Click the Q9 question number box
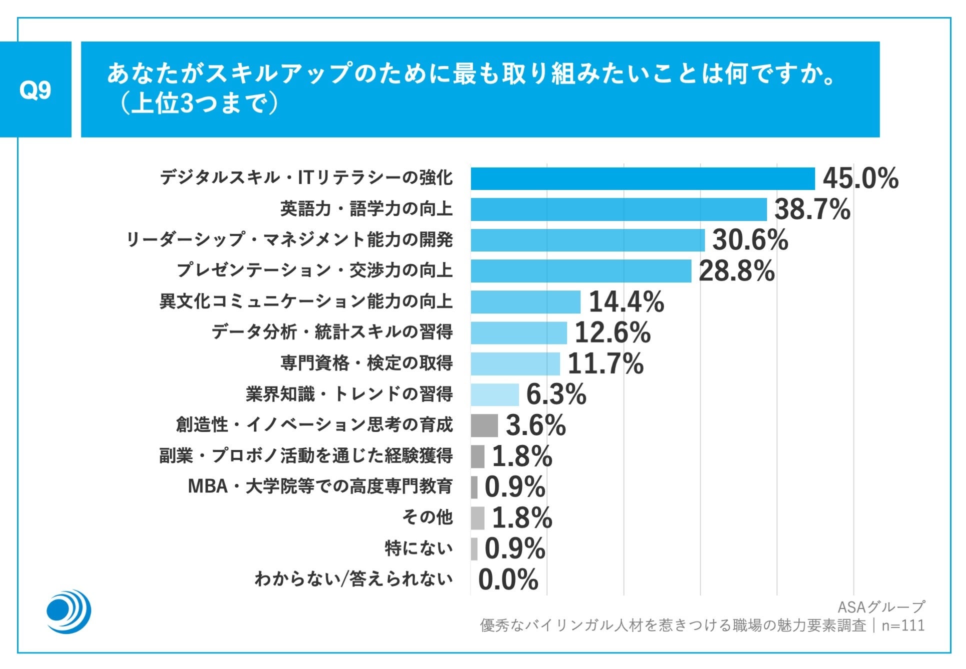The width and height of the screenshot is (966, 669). pos(35,89)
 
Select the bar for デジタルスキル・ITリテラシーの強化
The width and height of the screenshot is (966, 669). pos(642,178)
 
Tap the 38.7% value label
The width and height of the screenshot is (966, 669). pos(812,209)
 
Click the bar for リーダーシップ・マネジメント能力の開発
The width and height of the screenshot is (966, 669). pos(587,240)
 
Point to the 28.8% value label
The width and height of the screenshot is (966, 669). pos(736,271)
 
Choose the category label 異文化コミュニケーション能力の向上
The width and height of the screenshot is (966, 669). pos(306,301)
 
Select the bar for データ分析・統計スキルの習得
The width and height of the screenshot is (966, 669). pos(518,332)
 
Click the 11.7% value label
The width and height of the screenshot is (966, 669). pos(605,363)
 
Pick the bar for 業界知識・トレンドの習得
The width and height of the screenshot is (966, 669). pos(494,394)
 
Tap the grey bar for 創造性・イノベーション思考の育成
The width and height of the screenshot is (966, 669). pos(484,425)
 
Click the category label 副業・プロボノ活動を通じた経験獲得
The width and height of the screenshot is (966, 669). pos(306,455)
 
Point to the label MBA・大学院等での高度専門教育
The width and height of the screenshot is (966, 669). pos(320,486)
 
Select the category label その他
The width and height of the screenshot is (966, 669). pos(427,517)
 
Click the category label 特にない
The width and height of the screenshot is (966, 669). pos(418,548)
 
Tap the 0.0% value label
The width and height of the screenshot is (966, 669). pos(508,580)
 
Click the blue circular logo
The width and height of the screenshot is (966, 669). pos(68,611)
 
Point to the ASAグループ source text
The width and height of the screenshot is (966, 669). pos(881,607)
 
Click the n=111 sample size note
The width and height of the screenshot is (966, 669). pos(903,625)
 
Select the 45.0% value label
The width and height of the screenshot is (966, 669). pos(860,178)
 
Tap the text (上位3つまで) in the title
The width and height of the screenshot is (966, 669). pos(198,105)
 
